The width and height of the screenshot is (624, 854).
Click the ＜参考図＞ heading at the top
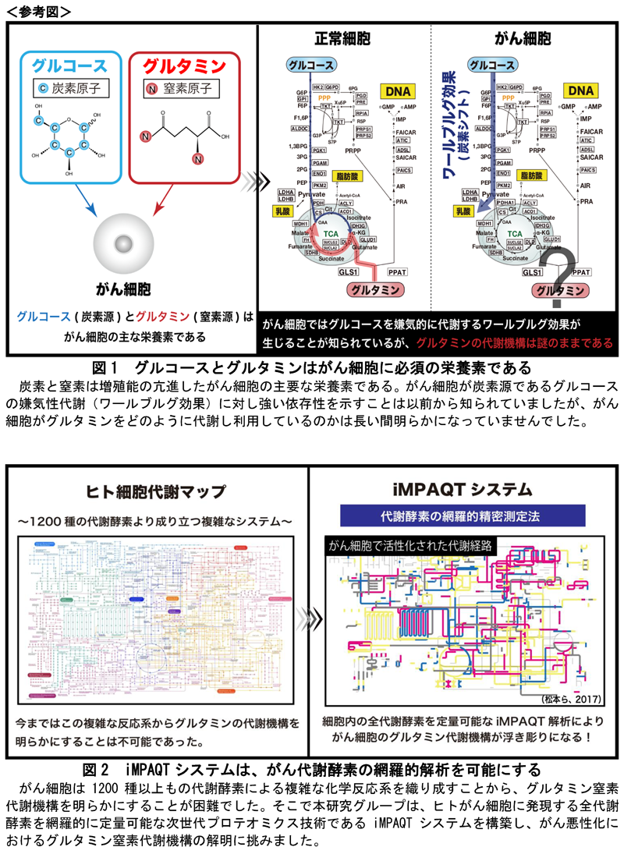pyautogui.click(x=39, y=11)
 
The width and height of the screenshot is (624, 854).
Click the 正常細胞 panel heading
pyautogui.click(x=342, y=37)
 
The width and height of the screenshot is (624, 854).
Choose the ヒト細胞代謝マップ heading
pyautogui.click(x=155, y=491)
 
